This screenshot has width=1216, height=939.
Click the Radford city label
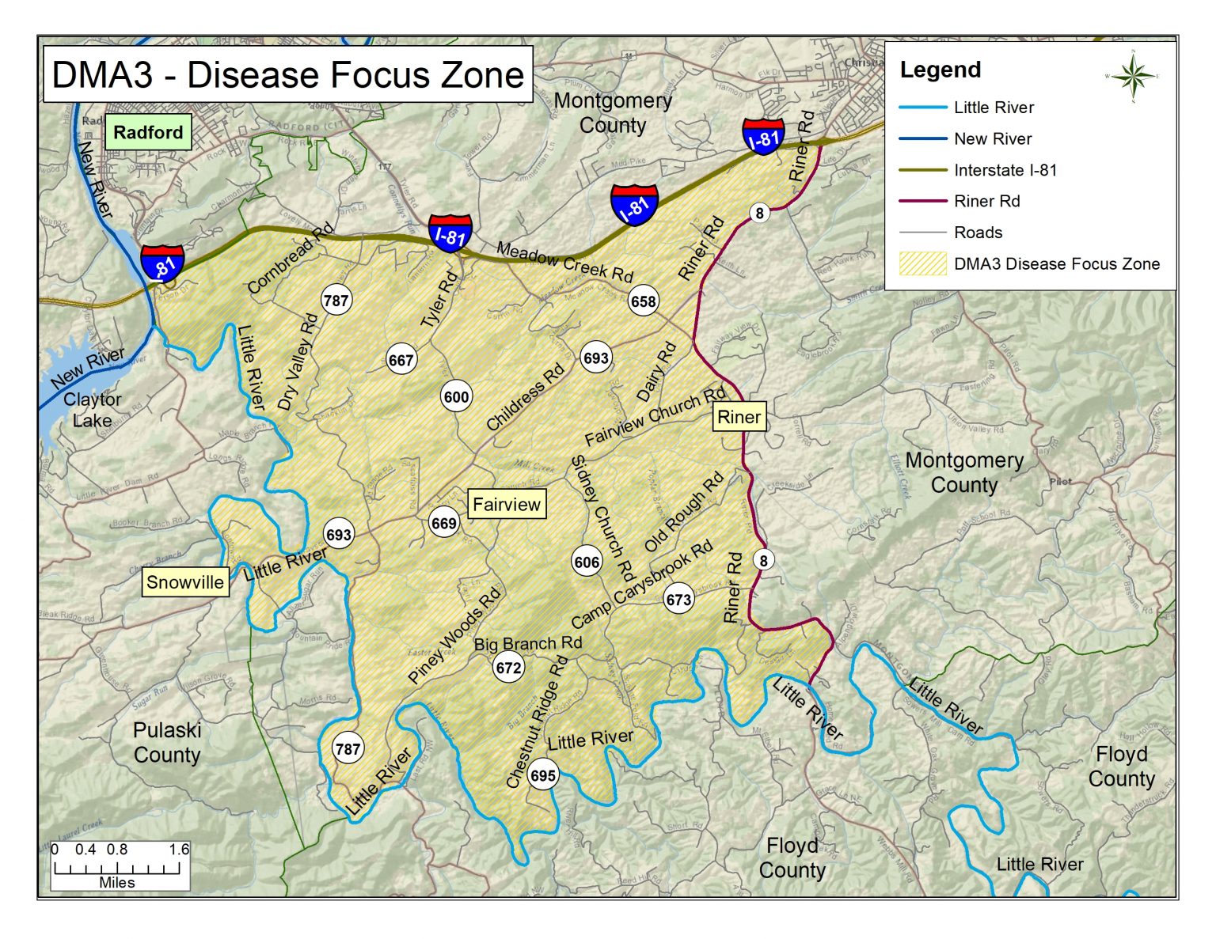click(148, 132)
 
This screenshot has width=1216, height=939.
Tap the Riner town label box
click(739, 417)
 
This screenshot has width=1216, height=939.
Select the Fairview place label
click(507, 504)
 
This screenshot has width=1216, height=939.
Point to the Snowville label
click(185, 582)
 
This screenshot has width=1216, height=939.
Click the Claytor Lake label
click(93, 410)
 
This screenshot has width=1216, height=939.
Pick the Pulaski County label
click(167, 742)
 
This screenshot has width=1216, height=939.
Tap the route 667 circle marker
click(401, 361)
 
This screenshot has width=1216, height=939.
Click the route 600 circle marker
click(457, 397)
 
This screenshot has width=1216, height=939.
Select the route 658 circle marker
click(643, 301)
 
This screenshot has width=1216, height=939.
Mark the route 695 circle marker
click(543, 775)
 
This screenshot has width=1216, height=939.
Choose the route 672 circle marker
click(508, 668)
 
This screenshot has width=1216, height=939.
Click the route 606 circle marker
click(587, 562)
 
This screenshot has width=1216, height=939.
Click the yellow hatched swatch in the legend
click(922, 263)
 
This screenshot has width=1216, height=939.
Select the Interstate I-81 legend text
click(1005, 170)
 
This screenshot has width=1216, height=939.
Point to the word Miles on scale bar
click(117, 882)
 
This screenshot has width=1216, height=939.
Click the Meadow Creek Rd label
click(564, 262)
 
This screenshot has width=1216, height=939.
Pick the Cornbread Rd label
click(290, 258)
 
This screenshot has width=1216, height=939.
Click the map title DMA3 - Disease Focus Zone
click(287, 74)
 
